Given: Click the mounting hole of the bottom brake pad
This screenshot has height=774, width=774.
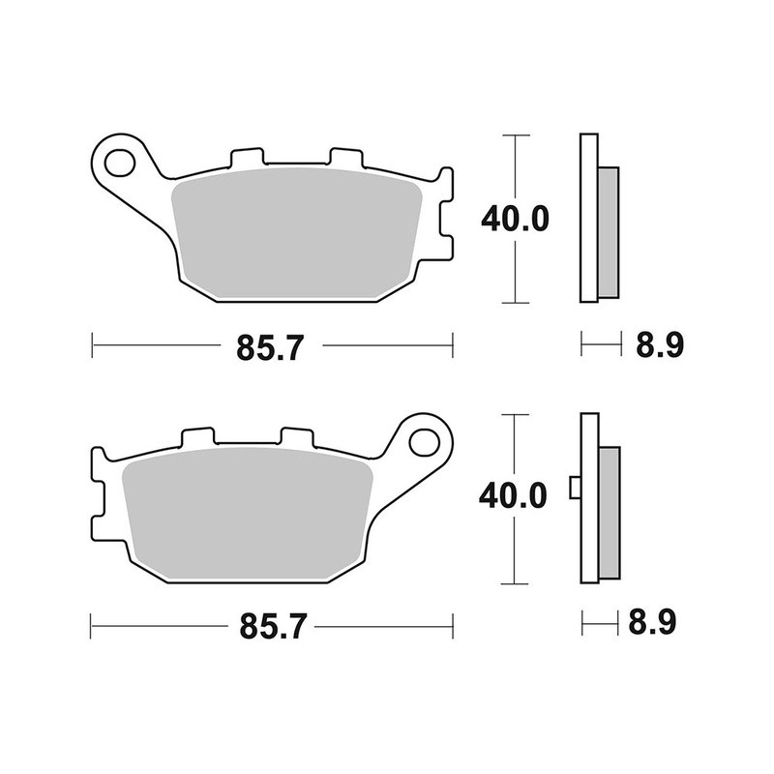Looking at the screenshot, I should (x=423, y=441).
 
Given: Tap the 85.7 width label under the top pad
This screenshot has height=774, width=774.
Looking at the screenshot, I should (x=272, y=347).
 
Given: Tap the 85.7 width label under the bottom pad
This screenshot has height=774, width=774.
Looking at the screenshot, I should (x=272, y=627).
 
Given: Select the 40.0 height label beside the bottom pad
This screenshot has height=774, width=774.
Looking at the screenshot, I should (x=515, y=498).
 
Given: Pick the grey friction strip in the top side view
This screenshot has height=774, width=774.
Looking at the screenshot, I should (x=608, y=232).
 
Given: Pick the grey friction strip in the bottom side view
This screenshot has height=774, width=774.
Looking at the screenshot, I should (x=608, y=513).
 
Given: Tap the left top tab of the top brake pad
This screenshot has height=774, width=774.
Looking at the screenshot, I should (x=247, y=157).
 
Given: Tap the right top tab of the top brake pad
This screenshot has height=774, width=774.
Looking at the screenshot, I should (x=344, y=157).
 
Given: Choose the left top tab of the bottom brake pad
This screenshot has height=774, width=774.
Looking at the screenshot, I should (x=197, y=437).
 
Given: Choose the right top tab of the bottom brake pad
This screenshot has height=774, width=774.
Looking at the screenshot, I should (x=296, y=437).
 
